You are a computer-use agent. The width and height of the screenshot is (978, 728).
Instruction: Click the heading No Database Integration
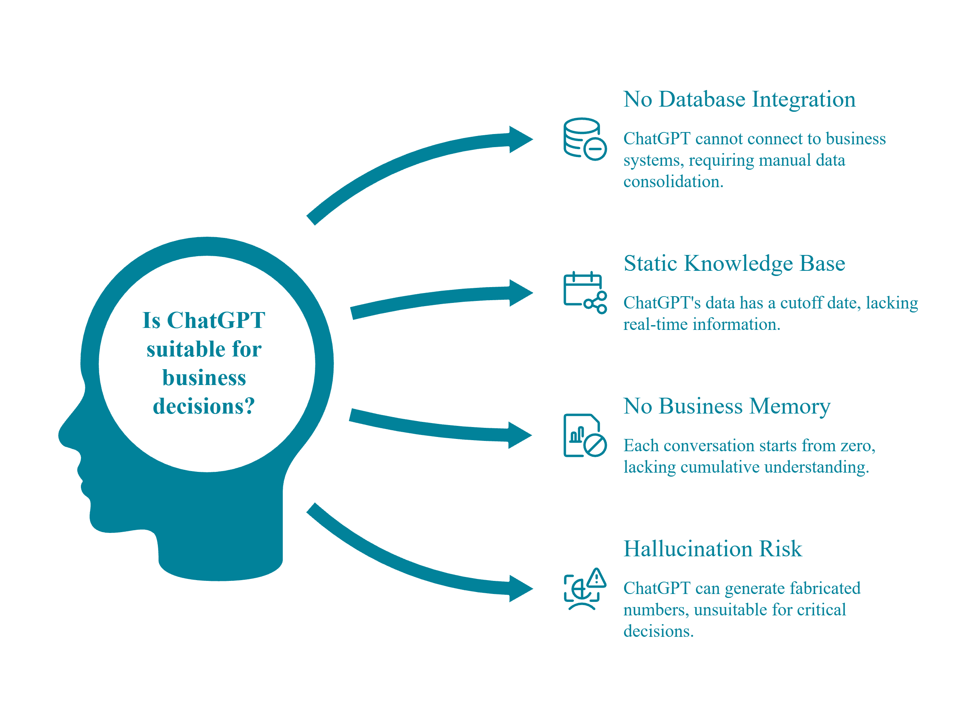pyautogui.click(x=739, y=100)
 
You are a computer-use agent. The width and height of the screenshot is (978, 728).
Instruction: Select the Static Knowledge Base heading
pyautogui.click(x=734, y=264)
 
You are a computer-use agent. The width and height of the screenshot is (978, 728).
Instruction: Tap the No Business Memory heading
pyautogui.click(x=726, y=406)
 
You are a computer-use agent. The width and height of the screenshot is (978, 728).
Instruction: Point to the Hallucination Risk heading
pyautogui.click(x=712, y=549)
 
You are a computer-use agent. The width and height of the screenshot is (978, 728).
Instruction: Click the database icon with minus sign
pyautogui.click(x=585, y=139)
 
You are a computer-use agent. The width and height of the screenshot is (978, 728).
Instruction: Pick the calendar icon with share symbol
pyautogui.click(x=585, y=292)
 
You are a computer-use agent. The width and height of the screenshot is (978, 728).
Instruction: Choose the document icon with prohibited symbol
pyautogui.click(x=585, y=435)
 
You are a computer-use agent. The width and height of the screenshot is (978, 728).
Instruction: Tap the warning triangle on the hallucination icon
pyautogui.click(x=596, y=578)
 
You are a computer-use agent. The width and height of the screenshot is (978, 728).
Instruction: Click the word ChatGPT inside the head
pyautogui.click(x=216, y=320)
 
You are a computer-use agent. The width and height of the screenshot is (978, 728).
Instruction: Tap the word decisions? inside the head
pyautogui.click(x=203, y=406)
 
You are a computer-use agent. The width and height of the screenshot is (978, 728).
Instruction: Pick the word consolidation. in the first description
pyautogui.click(x=673, y=182)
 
